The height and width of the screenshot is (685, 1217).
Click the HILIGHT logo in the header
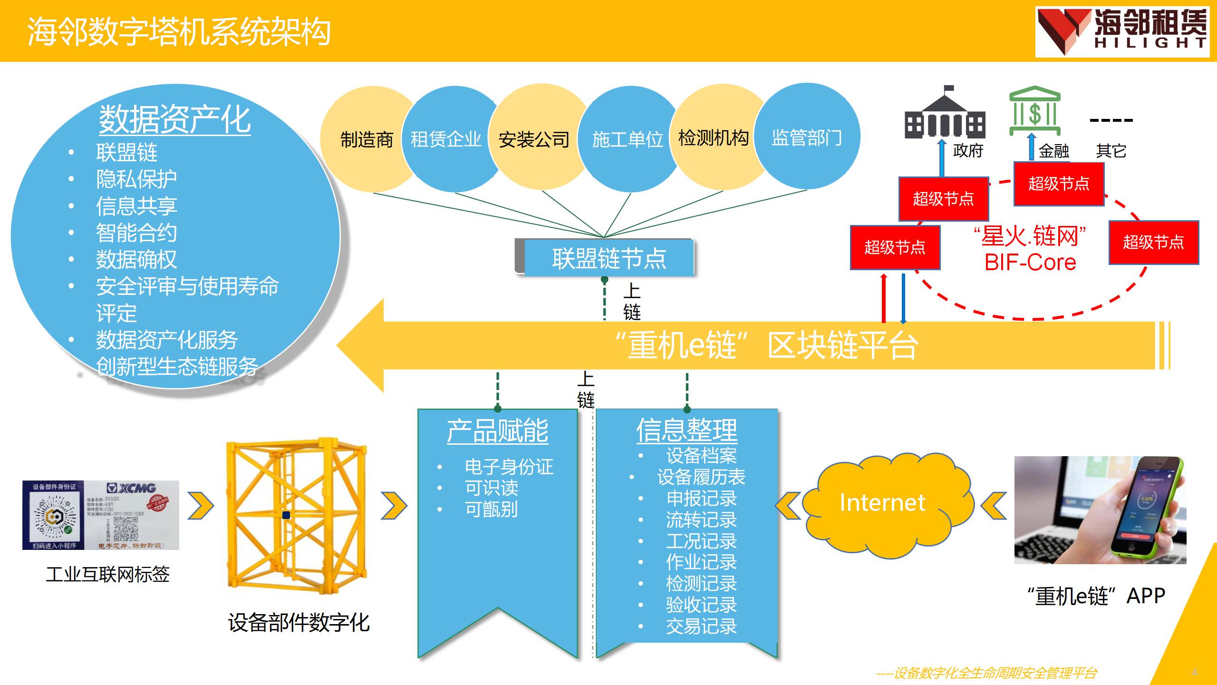click(1122, 31)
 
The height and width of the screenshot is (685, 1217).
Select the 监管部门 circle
click(807, 137)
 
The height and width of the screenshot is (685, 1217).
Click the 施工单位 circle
click(627, 139)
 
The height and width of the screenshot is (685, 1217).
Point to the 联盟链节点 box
click(608, 258)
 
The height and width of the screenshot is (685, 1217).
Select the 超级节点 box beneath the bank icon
click(1059, 184)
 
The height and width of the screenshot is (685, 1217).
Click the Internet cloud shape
click(882, 503)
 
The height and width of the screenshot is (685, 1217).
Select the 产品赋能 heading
click(497, 431)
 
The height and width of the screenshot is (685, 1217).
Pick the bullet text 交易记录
click(701, 626)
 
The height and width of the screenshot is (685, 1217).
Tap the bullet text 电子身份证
click(509, 467)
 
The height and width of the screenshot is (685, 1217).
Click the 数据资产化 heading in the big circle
click(174, 119)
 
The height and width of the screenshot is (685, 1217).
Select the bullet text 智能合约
click(136, 233)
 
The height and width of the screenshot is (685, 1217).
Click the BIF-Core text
click(1030, 262)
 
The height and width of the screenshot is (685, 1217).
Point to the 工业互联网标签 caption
click(107, 574)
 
